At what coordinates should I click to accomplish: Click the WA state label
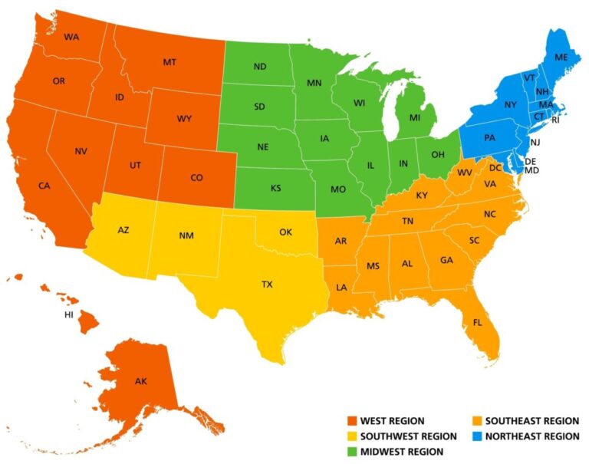71,37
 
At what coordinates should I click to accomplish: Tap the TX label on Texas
267,285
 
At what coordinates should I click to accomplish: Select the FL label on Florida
478,322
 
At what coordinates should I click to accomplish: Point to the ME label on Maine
562,58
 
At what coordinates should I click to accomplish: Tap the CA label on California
44,186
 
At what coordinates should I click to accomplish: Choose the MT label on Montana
169,61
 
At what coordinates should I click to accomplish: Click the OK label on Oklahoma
285,232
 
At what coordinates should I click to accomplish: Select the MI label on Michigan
414,118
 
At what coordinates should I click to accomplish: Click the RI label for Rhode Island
555,120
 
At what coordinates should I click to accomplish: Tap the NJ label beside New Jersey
535,143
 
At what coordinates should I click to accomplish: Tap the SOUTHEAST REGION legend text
531,421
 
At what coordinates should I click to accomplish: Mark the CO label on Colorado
197,178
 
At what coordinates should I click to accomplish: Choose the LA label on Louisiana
341,288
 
